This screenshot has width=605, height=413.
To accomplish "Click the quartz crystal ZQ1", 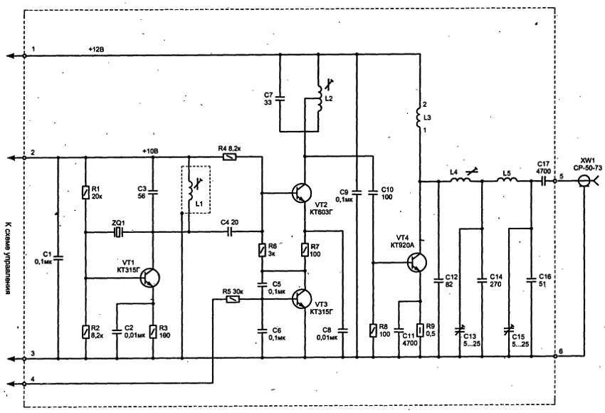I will click(118, 231).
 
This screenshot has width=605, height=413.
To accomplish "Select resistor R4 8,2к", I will click(229, 157).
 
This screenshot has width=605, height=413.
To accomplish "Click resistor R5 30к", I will click(231, 300).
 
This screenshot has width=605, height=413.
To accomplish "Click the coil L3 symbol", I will click(419, 115).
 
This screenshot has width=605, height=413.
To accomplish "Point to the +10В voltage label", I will click(151, 151).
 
